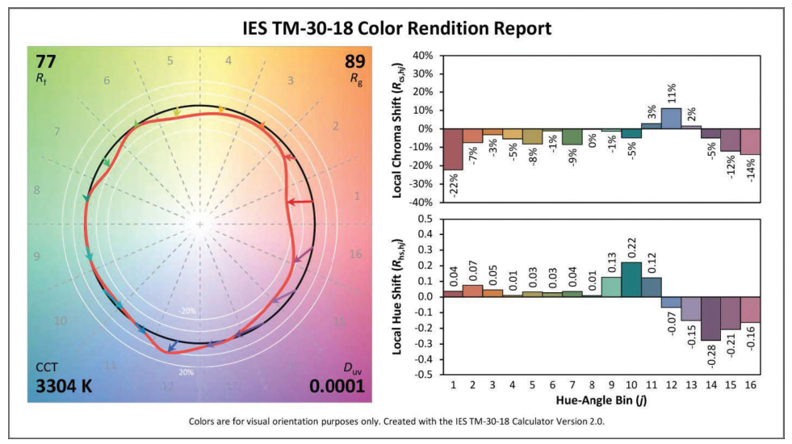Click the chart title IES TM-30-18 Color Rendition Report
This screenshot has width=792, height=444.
point(396,28)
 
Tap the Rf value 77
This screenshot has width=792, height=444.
point(45,61)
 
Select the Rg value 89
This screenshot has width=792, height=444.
point(354,61)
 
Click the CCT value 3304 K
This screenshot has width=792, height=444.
point(64,386)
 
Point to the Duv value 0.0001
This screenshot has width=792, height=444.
point(337,386)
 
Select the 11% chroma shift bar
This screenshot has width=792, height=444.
point(671,119)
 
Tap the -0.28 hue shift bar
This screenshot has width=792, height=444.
point(710,318)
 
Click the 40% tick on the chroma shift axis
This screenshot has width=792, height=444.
point(423,56)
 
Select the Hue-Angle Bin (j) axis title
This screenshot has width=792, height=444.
point(601,400)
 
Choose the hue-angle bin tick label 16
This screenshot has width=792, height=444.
point(750,387)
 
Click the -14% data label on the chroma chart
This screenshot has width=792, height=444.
point(751,170)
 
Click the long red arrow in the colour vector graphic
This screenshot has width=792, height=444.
point(300,202)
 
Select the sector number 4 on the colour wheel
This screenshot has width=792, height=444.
point(228,61)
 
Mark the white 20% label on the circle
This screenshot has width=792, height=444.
point(186,372)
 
